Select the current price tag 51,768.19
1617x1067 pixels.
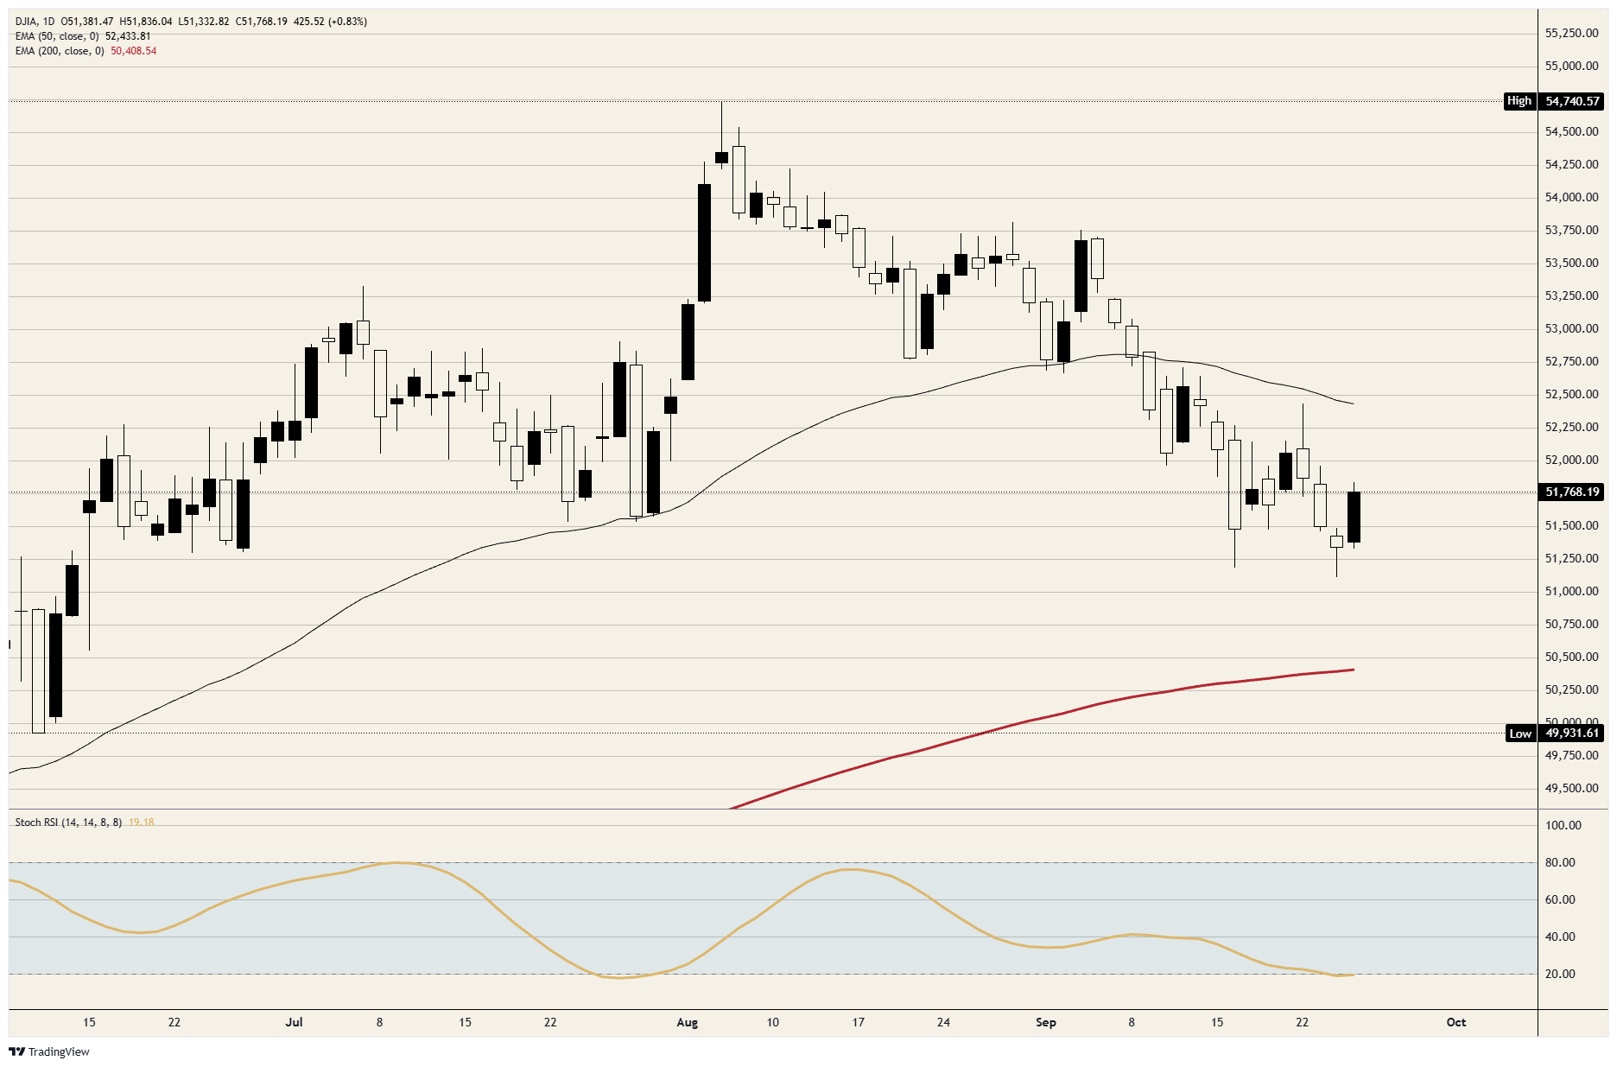[x=1572, y=492]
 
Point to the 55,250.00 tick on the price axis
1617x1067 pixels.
[x=1571, y=33]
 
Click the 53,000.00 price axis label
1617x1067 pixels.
[x=1571, y=328]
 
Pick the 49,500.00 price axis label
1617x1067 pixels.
[x=1571, y=788]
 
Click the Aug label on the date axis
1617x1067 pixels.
[x=688, y=1022]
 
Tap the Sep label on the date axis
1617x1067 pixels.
[x=1046, y=1022]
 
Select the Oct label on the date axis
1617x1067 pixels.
[x=1456, y=1022]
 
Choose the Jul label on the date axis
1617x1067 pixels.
[x=295, y=1022]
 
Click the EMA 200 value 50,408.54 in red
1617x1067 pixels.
[x=134, y=51]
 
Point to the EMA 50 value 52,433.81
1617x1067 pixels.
[x=128, y=36]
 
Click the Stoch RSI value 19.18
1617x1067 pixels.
[x=142, y=822]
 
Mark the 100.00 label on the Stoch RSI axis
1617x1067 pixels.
[x=1563, y=825]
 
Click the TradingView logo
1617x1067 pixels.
[x=48, y=1051]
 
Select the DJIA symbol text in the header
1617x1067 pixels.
[x=26, y=22]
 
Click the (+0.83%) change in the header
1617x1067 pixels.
[x=347, y=22]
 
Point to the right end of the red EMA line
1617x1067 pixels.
[x=1353, y=670]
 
